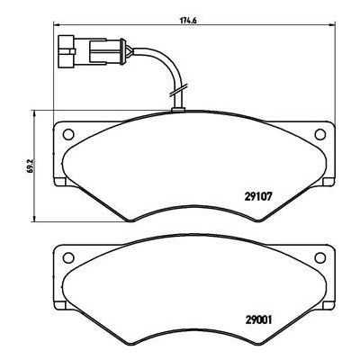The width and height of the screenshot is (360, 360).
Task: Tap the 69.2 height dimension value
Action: click(30, 167)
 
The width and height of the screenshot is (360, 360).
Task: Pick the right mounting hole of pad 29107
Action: click(318, 135)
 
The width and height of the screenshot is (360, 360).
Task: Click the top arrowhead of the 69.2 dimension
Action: click(36, 113)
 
